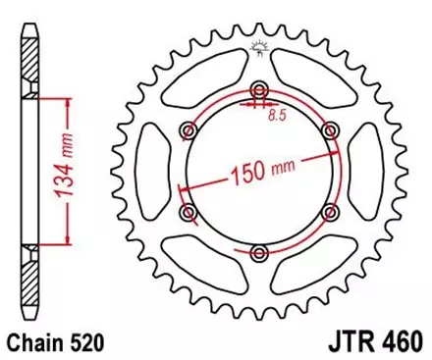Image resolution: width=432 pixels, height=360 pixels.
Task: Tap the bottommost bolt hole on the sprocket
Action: coord(259,254)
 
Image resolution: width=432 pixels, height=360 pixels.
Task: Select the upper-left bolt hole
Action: coord(187,128)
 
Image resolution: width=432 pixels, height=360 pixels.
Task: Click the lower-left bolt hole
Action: coord(187,212)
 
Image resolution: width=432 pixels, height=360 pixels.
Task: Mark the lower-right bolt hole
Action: coord(332,212)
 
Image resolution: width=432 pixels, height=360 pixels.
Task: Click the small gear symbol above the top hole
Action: coord(259,46)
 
